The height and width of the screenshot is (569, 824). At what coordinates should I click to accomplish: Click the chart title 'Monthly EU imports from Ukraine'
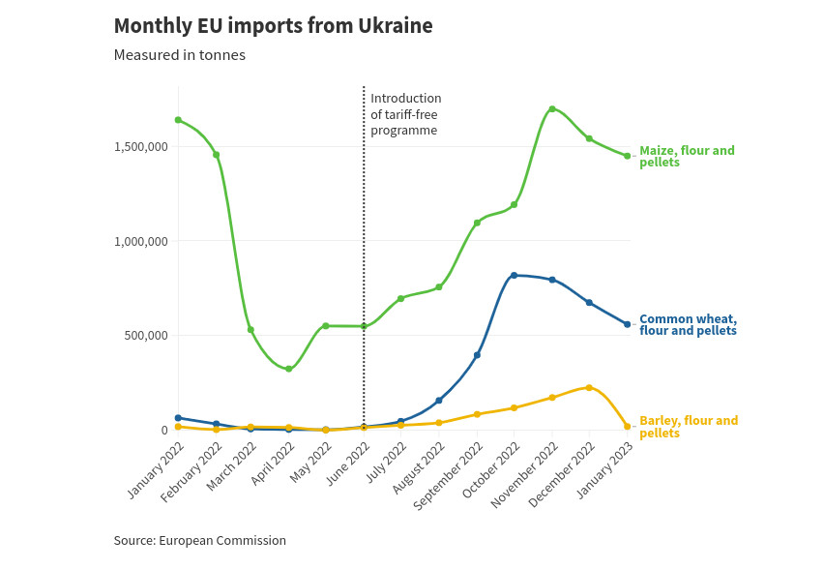coord(273,26)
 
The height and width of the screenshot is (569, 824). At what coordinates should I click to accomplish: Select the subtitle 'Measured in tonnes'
coord(179,55)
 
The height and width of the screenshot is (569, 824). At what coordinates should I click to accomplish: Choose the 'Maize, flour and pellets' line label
coord(686,156)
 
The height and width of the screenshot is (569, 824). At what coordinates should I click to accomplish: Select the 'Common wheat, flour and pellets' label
coord(688,324)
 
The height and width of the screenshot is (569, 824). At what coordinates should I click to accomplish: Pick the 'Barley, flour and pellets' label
coord(688,427)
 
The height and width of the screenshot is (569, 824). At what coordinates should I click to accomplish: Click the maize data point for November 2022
coord(552,109)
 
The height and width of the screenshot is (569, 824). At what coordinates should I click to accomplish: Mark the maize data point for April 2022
coord(289,369)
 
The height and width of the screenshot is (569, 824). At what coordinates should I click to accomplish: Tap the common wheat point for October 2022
coord(515,276)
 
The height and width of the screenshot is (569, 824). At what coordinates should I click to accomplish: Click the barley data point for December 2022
coord(589,388)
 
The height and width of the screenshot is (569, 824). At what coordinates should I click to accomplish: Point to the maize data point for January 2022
coord(178,120)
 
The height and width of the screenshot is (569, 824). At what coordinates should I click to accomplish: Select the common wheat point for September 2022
coord(477,355)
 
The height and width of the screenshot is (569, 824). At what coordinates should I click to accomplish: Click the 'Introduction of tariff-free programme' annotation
coord(406,114)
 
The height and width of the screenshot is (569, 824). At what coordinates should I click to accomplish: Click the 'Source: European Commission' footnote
coord(199,541)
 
